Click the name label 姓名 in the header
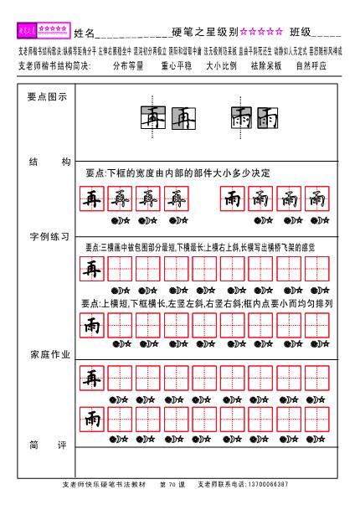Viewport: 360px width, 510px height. [84, 33]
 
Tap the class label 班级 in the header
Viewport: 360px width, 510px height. [301, 33]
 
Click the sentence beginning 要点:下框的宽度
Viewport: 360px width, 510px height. [178, 173]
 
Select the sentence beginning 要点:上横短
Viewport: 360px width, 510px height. [207, 302]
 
